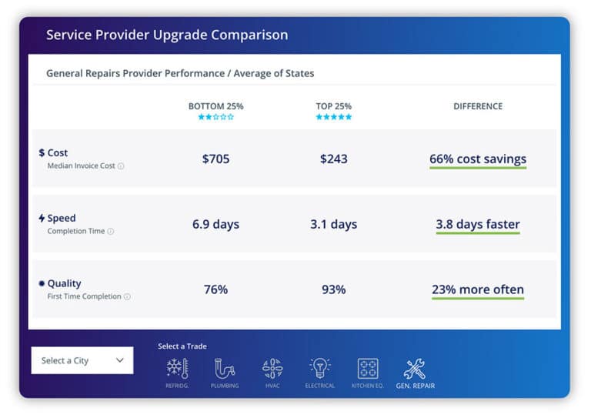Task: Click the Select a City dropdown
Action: pos(82,360)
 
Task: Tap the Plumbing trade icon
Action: pos(225,369)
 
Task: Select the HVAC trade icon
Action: pos(272,369)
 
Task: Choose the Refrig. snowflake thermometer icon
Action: pos(177,369)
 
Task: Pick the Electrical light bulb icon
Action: pos(319,369)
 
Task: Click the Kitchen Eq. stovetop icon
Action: pos(368,369)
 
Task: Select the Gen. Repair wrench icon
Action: pos(415,369)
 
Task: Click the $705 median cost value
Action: pos(215,159)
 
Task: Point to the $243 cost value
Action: pos(333,159)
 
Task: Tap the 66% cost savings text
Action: pos(478,159)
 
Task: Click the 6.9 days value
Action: pos(215,225)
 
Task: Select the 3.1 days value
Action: pos(333,225)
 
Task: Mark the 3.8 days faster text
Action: pos(478,225)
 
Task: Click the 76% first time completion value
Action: pos(215,289)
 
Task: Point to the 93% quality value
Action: pos(333,289)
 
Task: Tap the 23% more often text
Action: pos(478,290)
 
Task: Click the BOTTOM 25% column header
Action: pos(215,106)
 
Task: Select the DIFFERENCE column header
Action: pos(478,106)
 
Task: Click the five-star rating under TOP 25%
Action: pos(333,117)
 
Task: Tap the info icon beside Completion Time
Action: pos(111,232)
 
